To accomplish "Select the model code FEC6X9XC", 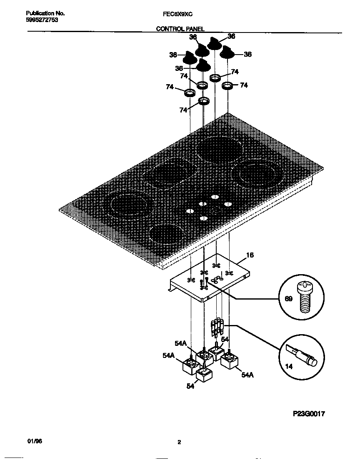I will pyautogui.click(x=177, y=14).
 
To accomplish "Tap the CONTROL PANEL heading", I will pyautogui.click(x=180, y=29).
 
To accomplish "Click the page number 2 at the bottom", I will pyautogui.click(x=179, y=443).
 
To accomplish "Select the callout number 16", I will pyautogui.click(x=250, y=255).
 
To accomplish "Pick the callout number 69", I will pyautogui.click(x=287, y=298).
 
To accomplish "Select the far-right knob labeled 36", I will pyautogui.click(x=227, y=53).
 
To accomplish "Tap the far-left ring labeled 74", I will pyautogui.click(x=190, y=92).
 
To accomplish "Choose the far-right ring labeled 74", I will pyautogui.click(x=227, y=86).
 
